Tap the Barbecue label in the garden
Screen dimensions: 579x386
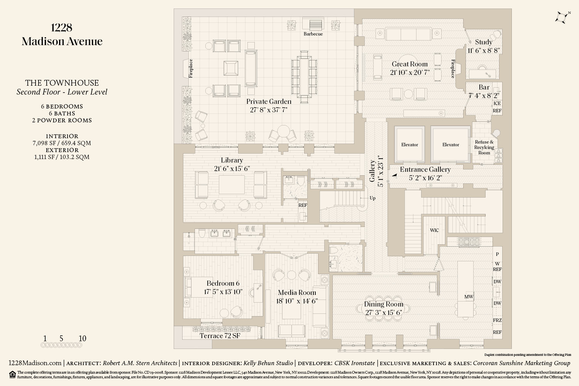(313, 34)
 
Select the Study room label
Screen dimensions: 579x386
(483, 42)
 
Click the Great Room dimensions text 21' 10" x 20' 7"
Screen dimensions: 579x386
(410, 73)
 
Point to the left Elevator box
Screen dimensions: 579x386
(410, 145)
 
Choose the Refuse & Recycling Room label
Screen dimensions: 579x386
(484, 147)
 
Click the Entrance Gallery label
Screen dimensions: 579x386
(425, 169)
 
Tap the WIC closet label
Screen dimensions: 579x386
(434, 230)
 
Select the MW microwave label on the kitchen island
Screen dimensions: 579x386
(469, 297)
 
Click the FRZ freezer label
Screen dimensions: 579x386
(497, 320)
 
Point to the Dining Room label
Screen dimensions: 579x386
(384, 304)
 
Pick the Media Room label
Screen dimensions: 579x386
(297, 293)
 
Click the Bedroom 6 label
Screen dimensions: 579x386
(223, 283)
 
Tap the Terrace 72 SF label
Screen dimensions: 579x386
(220, 336)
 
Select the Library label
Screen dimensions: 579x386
(232, 160)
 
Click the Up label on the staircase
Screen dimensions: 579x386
(372, 198)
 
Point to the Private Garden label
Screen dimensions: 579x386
(269, 102)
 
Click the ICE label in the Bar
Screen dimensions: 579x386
(497, 103)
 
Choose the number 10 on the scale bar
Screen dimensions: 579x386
(82, 339)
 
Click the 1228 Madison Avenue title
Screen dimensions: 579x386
(62, 34)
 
